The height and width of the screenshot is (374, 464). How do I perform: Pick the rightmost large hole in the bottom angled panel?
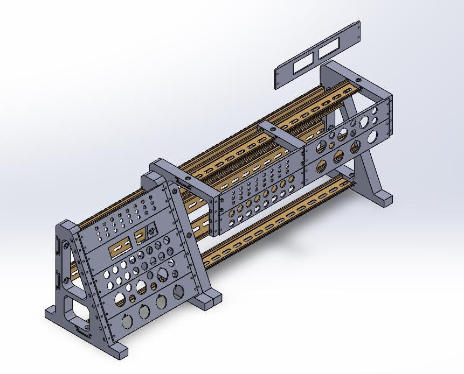coord(178,293)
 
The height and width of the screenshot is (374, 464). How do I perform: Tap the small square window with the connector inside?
coord(141,235)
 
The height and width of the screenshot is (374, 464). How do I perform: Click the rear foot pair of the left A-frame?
coord(207,298)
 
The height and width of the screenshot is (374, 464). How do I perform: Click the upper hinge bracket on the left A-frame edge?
coord(59,245)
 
